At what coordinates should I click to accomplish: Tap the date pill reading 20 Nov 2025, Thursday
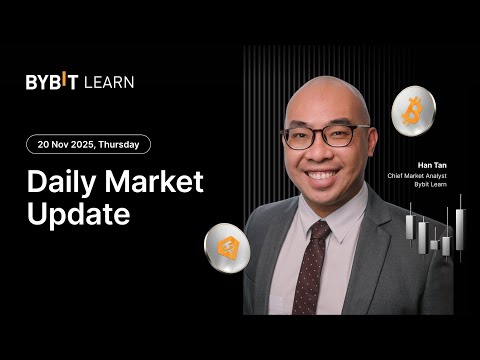(x=89, y=144)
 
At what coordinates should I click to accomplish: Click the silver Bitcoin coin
(x=411, y=111)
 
